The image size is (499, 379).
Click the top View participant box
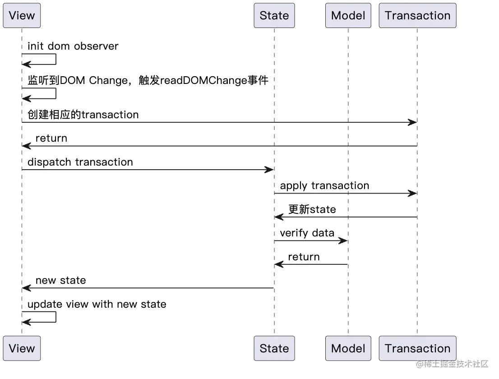click(22, 15)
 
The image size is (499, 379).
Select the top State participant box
click(274, 15)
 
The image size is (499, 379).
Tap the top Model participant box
click(348, 15)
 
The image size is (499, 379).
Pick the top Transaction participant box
click(417, 15)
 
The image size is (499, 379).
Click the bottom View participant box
click(22, 348)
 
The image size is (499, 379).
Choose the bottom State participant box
click(274, 348)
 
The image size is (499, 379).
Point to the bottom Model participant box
click(348, 348)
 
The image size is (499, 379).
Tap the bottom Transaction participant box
click(417, 348)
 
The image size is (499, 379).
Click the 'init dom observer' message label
click(73, 46)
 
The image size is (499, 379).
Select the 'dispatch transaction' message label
click(80, 162)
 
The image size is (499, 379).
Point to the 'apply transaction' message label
click(324, 185)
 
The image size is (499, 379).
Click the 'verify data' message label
click(307, 233)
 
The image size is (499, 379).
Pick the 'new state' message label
click(61, 280)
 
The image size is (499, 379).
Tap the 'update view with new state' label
click(97, 304)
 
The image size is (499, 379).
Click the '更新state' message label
click(312, 209)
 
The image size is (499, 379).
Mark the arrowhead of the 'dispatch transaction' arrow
click(269, 170)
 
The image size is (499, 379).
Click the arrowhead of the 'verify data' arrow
click(343, 240)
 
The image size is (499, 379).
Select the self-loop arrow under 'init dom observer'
click(55, 59)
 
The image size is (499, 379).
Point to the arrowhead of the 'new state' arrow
click(27, 288)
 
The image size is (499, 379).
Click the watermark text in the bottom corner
click(452, 364)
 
